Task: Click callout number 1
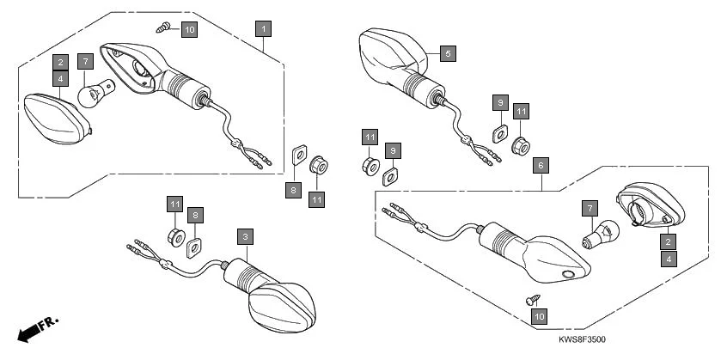(263, 28)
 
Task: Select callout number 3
(245, 235)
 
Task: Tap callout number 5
(448, 53)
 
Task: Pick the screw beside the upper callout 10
(162, 28)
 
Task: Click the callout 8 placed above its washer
(196, 214)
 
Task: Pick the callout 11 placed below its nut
(317, 198)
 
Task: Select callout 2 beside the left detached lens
(59, 62)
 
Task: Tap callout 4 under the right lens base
(667, 256)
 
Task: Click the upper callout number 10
(189, 29)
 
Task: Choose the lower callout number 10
(539, 317)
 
